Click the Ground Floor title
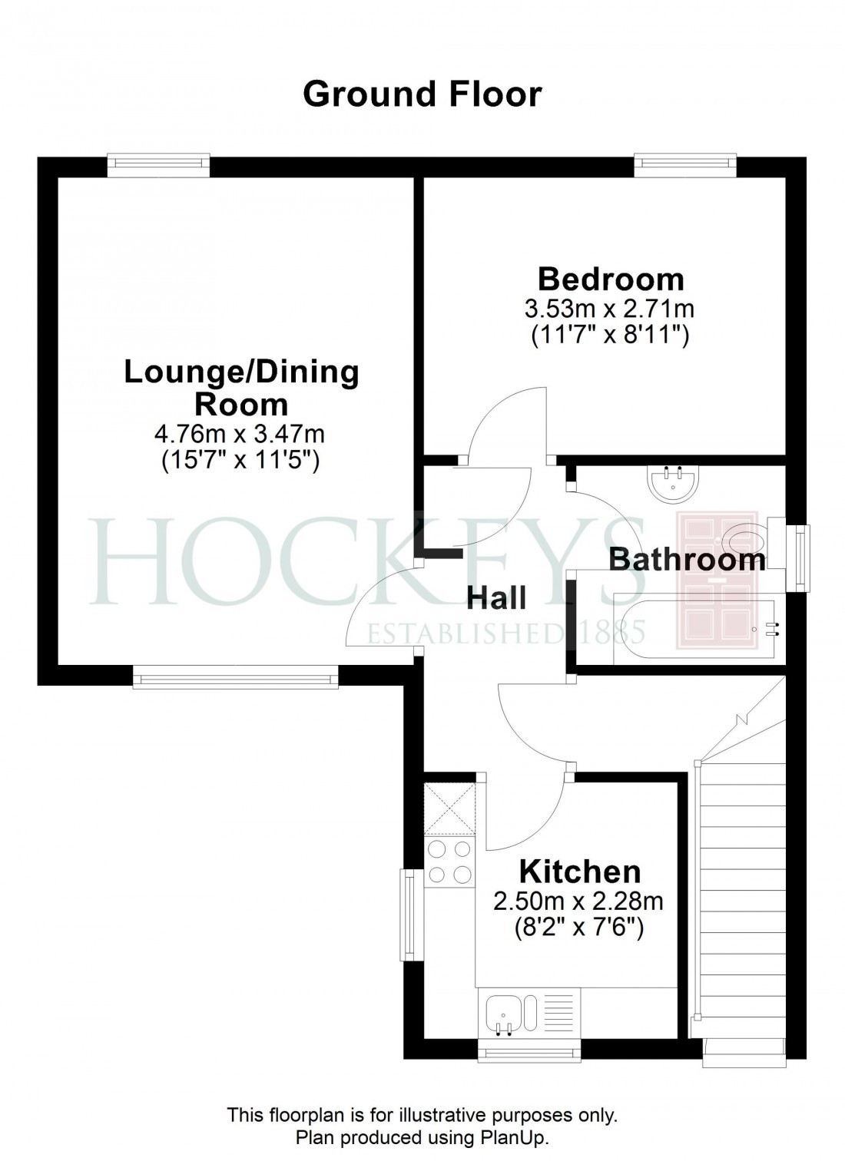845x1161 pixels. (x=422, y=94)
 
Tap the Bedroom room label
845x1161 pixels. (x=610, y=279)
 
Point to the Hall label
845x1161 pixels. (x=498, y=597)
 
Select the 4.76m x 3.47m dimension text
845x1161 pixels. (x=240, y=434)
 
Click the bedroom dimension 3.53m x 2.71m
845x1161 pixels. (x=608, y=309)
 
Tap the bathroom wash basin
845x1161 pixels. (x=674, y=483)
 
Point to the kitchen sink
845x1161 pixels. (x=503, y=1013)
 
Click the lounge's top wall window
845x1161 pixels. (x=158, y=164)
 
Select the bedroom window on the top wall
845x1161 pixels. (x=684, y=164)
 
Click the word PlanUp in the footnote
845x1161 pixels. (x=521, y=1138)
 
